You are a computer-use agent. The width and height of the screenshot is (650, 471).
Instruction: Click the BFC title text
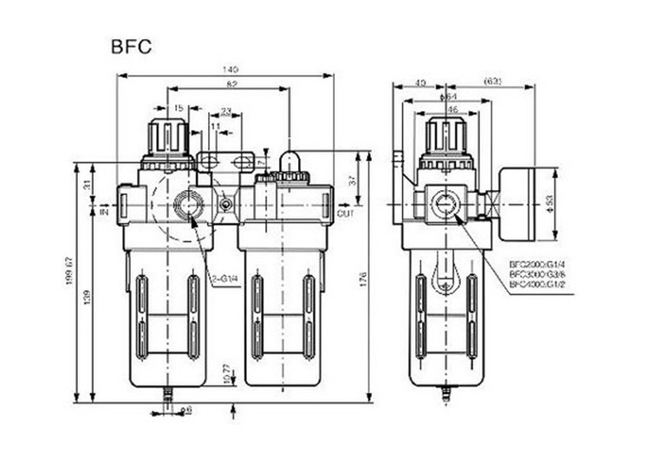point(131,46)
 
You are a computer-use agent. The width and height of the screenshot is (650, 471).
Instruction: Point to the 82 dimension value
point(231,83)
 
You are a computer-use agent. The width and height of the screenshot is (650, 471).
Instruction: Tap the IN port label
point(104,211)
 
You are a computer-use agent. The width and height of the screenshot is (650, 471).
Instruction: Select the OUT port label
point(345,213)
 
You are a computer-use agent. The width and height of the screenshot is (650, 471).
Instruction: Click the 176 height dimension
point(363,278)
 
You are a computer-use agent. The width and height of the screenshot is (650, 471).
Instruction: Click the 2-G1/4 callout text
point(224,278)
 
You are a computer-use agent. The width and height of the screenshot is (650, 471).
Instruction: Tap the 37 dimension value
point(352,180)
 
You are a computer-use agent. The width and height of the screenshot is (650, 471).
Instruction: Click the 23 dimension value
point(225,111)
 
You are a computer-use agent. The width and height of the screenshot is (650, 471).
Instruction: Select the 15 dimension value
point(179,108)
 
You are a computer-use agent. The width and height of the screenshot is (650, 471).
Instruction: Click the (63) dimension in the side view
point(492,82)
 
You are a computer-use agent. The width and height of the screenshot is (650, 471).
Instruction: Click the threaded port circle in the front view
point(187,206)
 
